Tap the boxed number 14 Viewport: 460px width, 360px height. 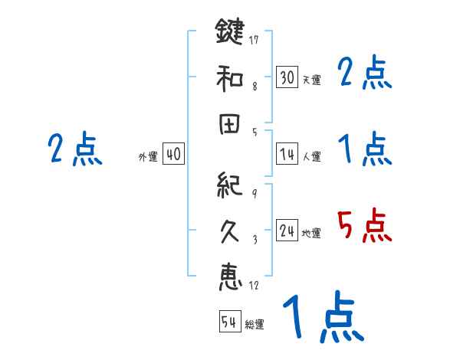pyautogui.click(x=287, y=154)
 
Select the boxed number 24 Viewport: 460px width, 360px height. pyautogui.click(x=287, y=231)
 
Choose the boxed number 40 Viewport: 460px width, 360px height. pyautogui.click(x=172, y=154)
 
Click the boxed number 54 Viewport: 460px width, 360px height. pyautogui.click(x=229, y=322)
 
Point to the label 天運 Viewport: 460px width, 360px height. pyautogui.click(x=311, y=80)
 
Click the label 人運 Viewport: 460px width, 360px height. pyautogui.click(x=311, y=156)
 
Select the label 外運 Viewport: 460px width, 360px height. pyautogui.click(x=147, y=156)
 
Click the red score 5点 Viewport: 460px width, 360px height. pyautogui.click(x=364, y=226)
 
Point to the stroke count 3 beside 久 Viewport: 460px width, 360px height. pyautogui.click(x=254, y=238)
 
